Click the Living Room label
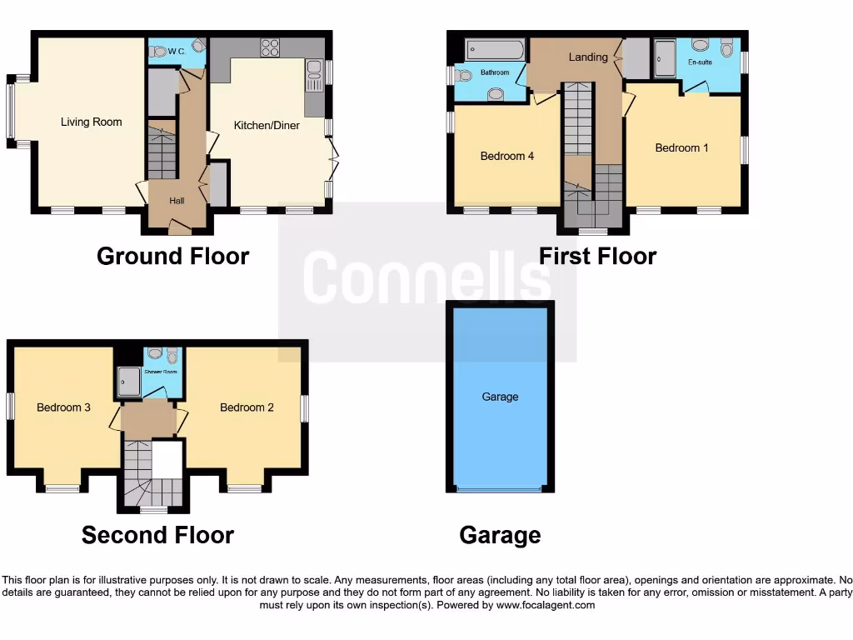(x=91, y=122)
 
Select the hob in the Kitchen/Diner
(x=270, y=47)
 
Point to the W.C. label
(x=176, y=51)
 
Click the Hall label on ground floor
(x=177, y=201)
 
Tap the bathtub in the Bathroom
(x=495, y=49)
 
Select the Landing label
(x=588, y=57)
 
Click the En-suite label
(x=700, y=62)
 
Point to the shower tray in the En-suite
(x=666, y=59)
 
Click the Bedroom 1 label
(x=681, y=147)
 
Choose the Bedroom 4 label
(x=507, y=156)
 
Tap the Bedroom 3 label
(x=63, y=407)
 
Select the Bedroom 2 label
(x=247, y=407)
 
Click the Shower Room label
(x=161, y=372)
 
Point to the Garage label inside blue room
(x=500, y=397)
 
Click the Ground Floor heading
(x=172, y=256)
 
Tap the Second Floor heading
(x=157, y=535)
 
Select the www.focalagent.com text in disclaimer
(x=546, y=605)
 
